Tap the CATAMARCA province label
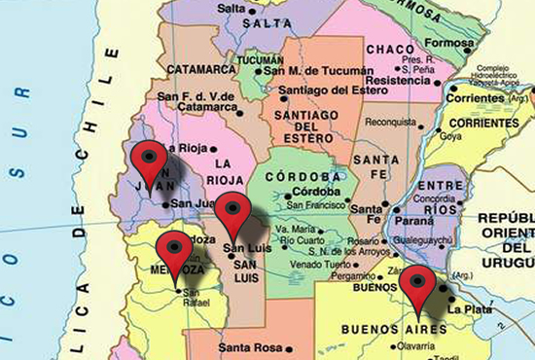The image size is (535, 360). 202,69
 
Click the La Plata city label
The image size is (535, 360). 465,308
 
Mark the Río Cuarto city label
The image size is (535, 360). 303,239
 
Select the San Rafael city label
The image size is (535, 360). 196,298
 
